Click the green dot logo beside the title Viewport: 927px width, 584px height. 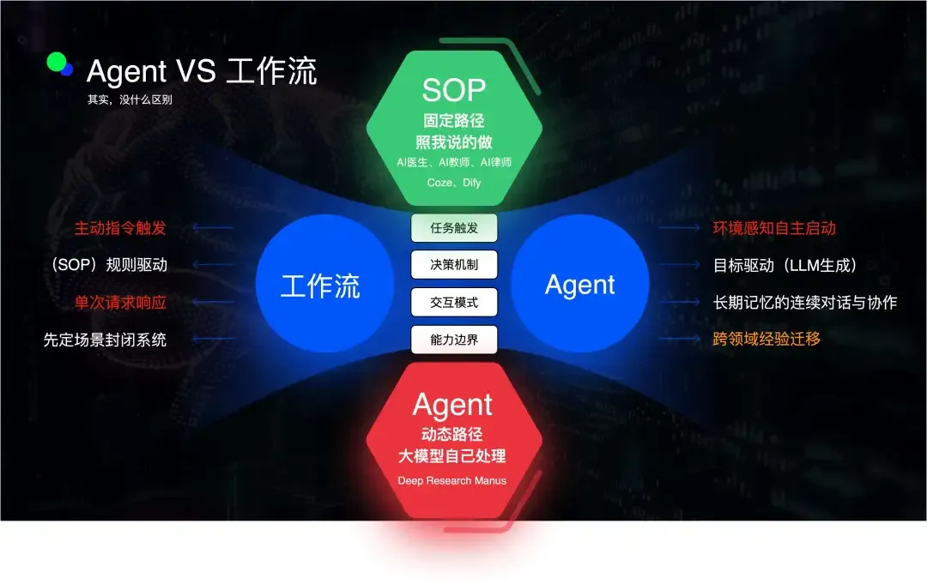tap(57, 63)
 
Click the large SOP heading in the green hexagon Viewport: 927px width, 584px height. tap(453, 89)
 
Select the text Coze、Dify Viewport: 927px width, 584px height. tap(453, 182)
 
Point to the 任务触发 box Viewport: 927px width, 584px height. tap(454, 228)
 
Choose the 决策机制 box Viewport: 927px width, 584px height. tap(454, 265)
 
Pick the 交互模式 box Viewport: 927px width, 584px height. tap(454, 302)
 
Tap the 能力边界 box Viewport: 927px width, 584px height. tap(454, 340)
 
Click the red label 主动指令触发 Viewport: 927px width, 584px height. tap(120, 228)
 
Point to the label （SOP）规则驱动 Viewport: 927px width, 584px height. tap(107, 265)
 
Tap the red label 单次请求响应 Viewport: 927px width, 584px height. tap(120, 303)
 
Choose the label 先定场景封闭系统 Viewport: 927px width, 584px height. tap(105, 340)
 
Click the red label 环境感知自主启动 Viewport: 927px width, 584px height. tap(774, 228)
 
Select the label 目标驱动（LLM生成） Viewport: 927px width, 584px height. tap(785, 265)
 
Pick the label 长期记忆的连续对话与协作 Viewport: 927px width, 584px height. tap(805, 303)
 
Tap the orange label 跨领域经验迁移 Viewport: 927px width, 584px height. tap(766, 339)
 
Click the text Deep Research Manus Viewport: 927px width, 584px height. tap(452, 480)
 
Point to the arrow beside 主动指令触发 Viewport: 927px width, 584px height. tap(212, 228)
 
